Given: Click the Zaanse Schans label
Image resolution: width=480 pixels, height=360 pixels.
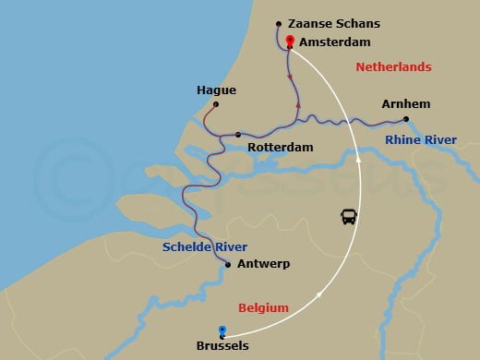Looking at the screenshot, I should (333, 24).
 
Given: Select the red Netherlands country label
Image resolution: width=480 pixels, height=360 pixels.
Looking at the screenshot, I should (393, 67).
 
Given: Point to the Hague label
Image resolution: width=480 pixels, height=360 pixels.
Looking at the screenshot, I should (216, 90).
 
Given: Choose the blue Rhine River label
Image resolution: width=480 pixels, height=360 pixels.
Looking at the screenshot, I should (421, 140).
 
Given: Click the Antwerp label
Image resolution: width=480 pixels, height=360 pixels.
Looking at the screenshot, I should (263, 264).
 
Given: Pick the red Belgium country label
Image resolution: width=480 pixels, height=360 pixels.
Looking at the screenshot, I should (264, 307).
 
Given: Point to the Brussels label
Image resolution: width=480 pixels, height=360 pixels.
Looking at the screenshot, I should (222, 347).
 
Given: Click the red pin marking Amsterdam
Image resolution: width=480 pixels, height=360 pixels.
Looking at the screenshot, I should (290, 41).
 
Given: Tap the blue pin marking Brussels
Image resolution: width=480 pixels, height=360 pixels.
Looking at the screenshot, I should (222, 330).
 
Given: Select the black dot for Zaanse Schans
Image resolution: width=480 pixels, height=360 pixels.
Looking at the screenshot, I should (279, 24).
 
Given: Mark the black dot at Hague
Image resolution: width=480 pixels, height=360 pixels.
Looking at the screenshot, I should (216, 104).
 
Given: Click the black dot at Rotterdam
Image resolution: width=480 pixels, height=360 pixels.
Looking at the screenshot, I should (238, 135).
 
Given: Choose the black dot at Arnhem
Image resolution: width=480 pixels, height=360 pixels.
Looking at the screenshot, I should (406, 119).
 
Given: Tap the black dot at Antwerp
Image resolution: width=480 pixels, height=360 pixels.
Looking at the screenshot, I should (228, 265).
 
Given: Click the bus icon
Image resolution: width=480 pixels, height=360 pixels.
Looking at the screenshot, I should (349, 217).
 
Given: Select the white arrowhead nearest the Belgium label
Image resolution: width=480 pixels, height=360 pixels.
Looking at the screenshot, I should (319, 295).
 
